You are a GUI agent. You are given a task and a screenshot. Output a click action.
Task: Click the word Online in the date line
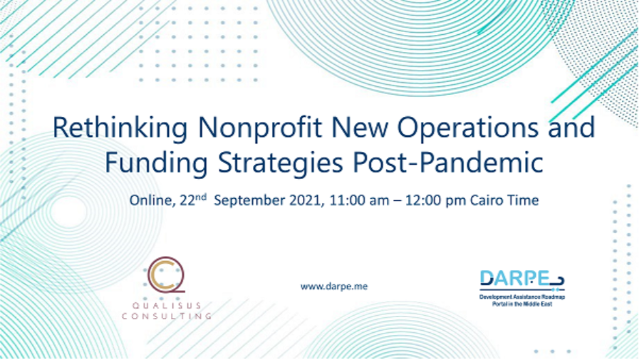tap(150, 200)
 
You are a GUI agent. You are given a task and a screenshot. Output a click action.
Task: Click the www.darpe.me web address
tap(334, 286)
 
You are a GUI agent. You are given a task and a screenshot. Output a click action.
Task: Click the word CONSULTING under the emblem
tap(167, 314)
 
